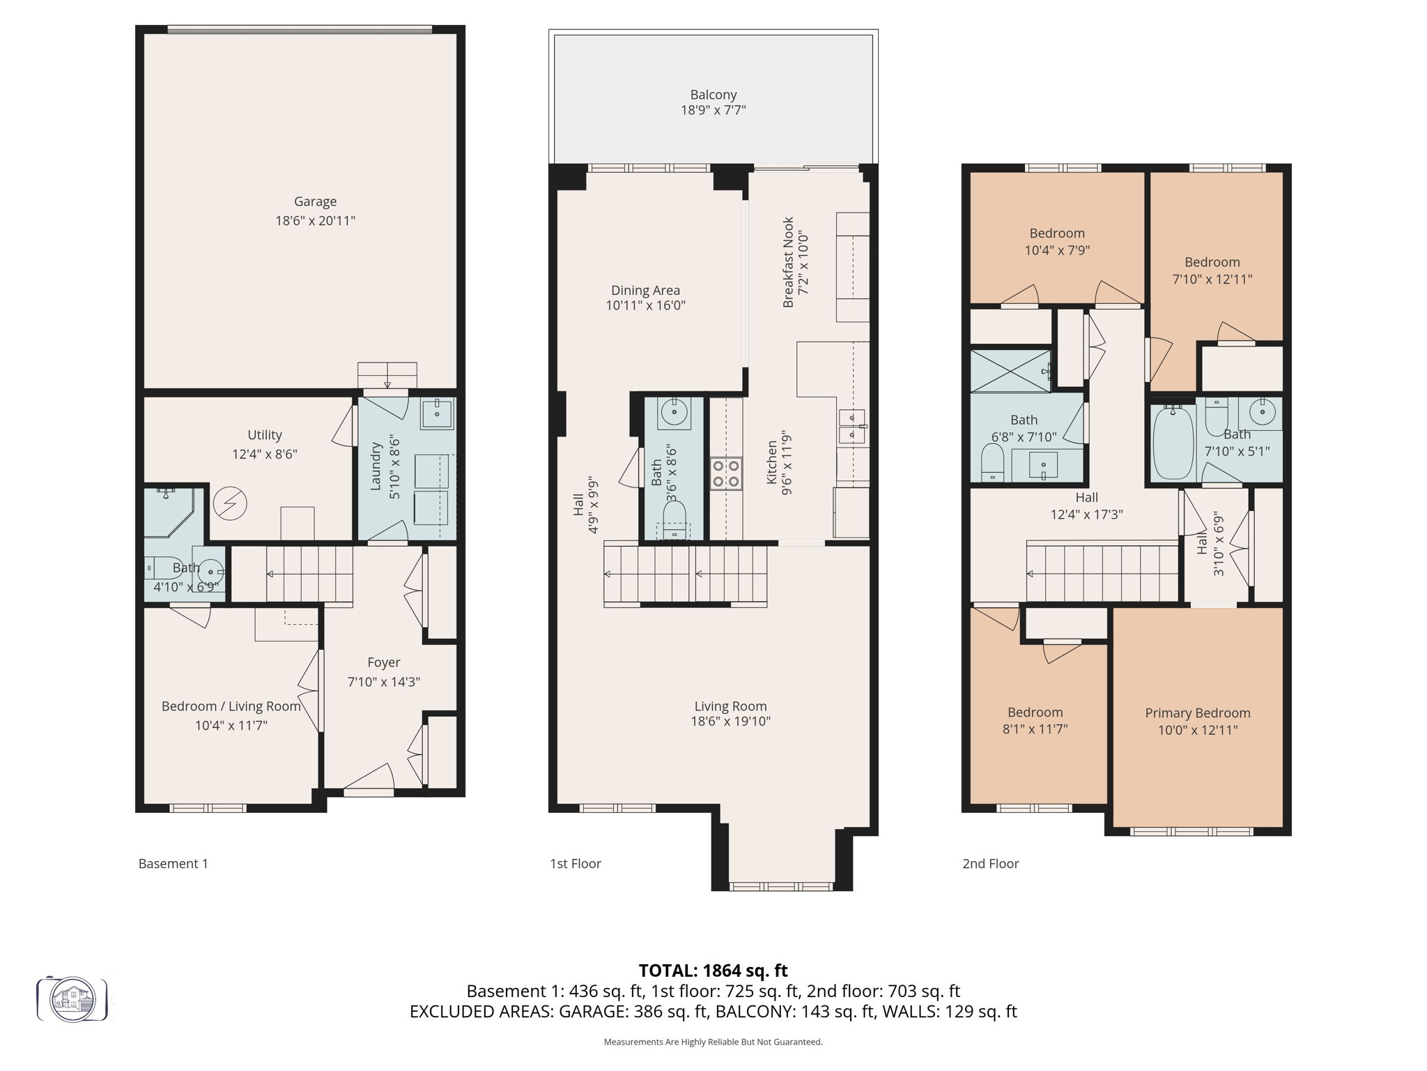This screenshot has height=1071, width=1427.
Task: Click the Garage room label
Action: point(315,202)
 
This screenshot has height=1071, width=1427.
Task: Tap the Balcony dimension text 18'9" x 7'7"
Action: point(713,110)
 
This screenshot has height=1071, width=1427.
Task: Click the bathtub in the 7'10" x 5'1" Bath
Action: point(1173,443)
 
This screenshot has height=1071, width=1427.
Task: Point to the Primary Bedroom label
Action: point(1197,713)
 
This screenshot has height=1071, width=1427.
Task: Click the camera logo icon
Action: point(72,999)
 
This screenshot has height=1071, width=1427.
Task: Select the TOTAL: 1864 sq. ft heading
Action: point(713,970)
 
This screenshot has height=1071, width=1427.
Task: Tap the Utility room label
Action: point(264,435)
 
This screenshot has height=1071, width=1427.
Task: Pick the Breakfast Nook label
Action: point(788,262)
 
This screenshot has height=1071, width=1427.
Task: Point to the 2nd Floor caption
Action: point(990,863)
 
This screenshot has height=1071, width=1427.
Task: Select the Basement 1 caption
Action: point(173,863)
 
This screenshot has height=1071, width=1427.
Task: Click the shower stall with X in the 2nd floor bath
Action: point(1010,371)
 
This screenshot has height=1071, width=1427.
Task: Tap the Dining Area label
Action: point(645,290)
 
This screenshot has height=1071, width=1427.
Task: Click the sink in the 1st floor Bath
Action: point(674,412)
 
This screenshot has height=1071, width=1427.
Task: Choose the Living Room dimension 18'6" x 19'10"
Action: point(730,722)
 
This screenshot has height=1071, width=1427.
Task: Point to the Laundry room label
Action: point(376,465)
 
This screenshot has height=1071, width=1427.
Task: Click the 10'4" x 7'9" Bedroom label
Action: point(1056,234)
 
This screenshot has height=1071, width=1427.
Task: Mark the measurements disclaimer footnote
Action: point(713,1042)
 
